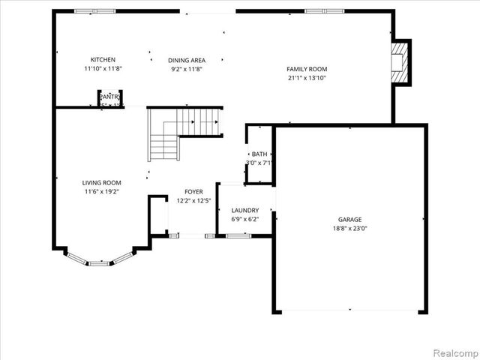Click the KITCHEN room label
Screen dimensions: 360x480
(x=103, y=59)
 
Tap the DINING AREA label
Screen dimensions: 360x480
(x=187, y=60)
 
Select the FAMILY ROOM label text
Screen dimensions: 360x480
(x=307, y=69)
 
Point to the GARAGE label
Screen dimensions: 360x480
(x=350, y=220)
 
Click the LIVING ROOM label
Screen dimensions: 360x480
(x=101, y=182)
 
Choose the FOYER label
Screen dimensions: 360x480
(x=194, y=191)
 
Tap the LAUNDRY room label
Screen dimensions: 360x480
(x=245, y=210)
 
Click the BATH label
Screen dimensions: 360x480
(x=259, y=154)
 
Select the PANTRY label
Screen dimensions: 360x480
(x=110, y=96)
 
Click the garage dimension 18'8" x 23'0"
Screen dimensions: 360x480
(x=350, y=229)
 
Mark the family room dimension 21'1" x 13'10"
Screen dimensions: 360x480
(x=307, y=78)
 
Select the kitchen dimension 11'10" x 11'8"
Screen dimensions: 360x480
(x=103, y=68)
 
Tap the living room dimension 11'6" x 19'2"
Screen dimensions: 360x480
(x=101, y=191)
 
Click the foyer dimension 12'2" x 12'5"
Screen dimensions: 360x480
(x=194, y=200)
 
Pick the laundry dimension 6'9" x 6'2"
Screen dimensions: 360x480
(x=245, y=219)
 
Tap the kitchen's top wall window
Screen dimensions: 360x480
(x=95, y=11)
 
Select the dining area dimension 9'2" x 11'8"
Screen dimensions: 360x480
(x=187, y=69)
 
